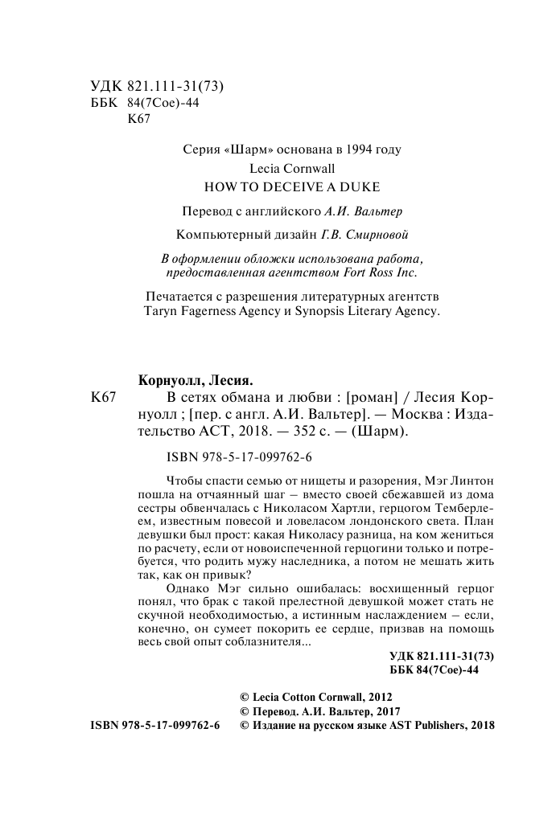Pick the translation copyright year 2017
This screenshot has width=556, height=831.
coord(385,711)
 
